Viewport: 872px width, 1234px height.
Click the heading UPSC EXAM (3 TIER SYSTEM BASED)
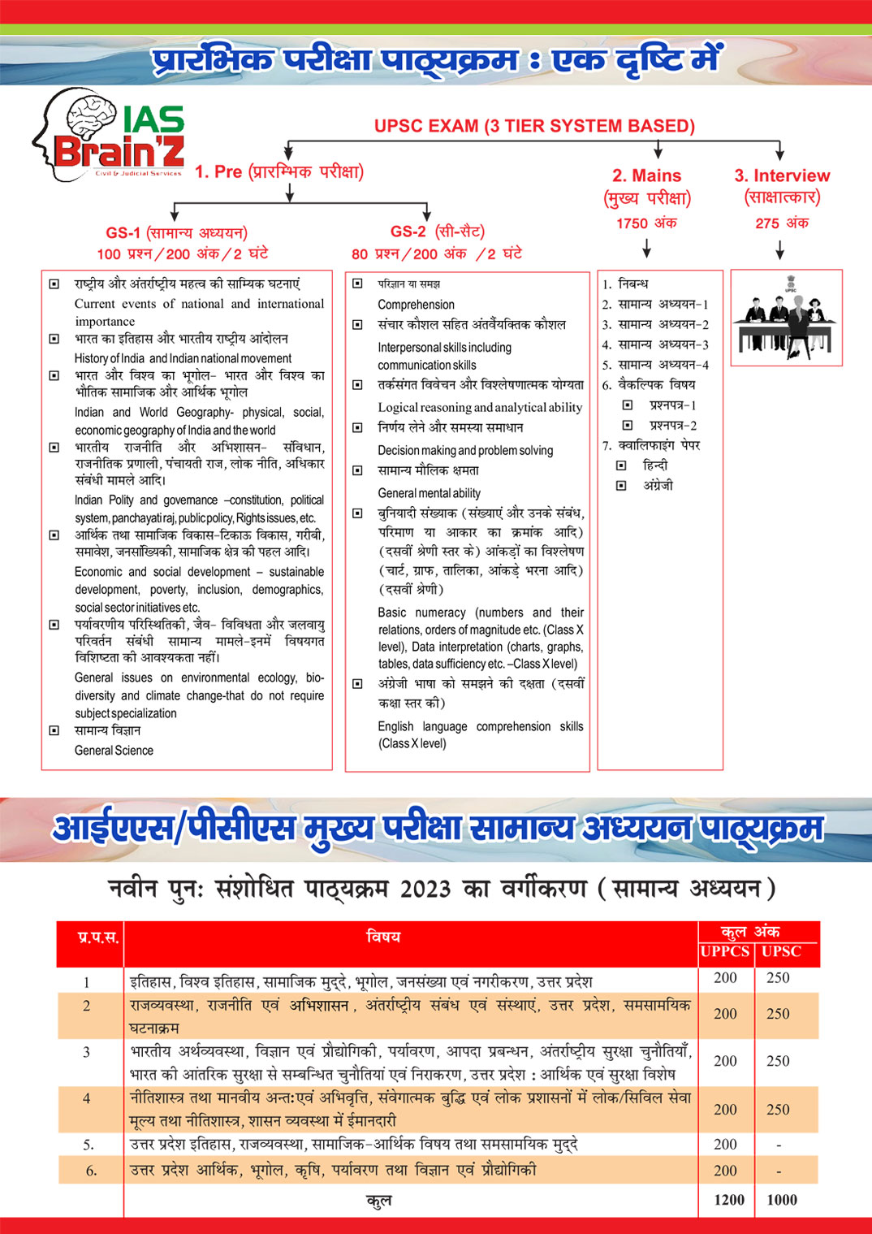pyautogui.click(x=534, y=126)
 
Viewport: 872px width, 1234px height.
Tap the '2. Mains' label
pyautogui.click(x=646, y=175)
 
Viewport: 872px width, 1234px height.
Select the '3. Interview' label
pyautogui.click(x=782, y=175)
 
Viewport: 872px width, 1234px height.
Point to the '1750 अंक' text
pyautogui.click(x=646, y=223)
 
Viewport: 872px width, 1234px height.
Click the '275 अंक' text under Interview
pyautogui.click(x=782, y=223)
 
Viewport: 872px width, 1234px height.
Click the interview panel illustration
pyautogui.click(x=786, y=318)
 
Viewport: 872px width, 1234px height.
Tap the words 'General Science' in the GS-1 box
pyautogui.click(x=114, y=751)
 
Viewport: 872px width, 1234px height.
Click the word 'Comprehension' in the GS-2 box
pyautogui.click(x=416, y=305)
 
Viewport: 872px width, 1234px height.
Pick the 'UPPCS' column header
pyautogui.click(x=725, y=951)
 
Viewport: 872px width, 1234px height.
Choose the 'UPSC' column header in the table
pyautogui.click(x=781, y=951)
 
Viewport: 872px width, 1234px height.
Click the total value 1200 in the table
pyautogui.click(x=728, y=1200)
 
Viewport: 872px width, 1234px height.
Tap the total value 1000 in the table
pyautogui.click(x=782, y=1200)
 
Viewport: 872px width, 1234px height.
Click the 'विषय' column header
pyautogui.click(x=383, y=937)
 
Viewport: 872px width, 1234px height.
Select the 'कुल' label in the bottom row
pyautogui.click(x=379, y=1200)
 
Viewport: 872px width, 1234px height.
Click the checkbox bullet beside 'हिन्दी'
pyautogui.click(x=621, y=465)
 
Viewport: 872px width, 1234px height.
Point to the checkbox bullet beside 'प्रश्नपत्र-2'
pyautogui.click(x=628, y=425)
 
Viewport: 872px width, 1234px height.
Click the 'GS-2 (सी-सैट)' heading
pyautogui.click(x=437, y=232)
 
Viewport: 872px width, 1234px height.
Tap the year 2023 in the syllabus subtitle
pyautogui.click(x=425, y=889)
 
